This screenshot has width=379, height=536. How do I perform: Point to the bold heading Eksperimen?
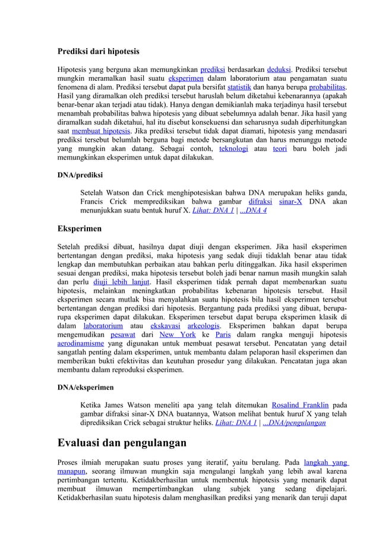pos(79,229)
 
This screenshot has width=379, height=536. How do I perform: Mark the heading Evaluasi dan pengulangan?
pos(122,443)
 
